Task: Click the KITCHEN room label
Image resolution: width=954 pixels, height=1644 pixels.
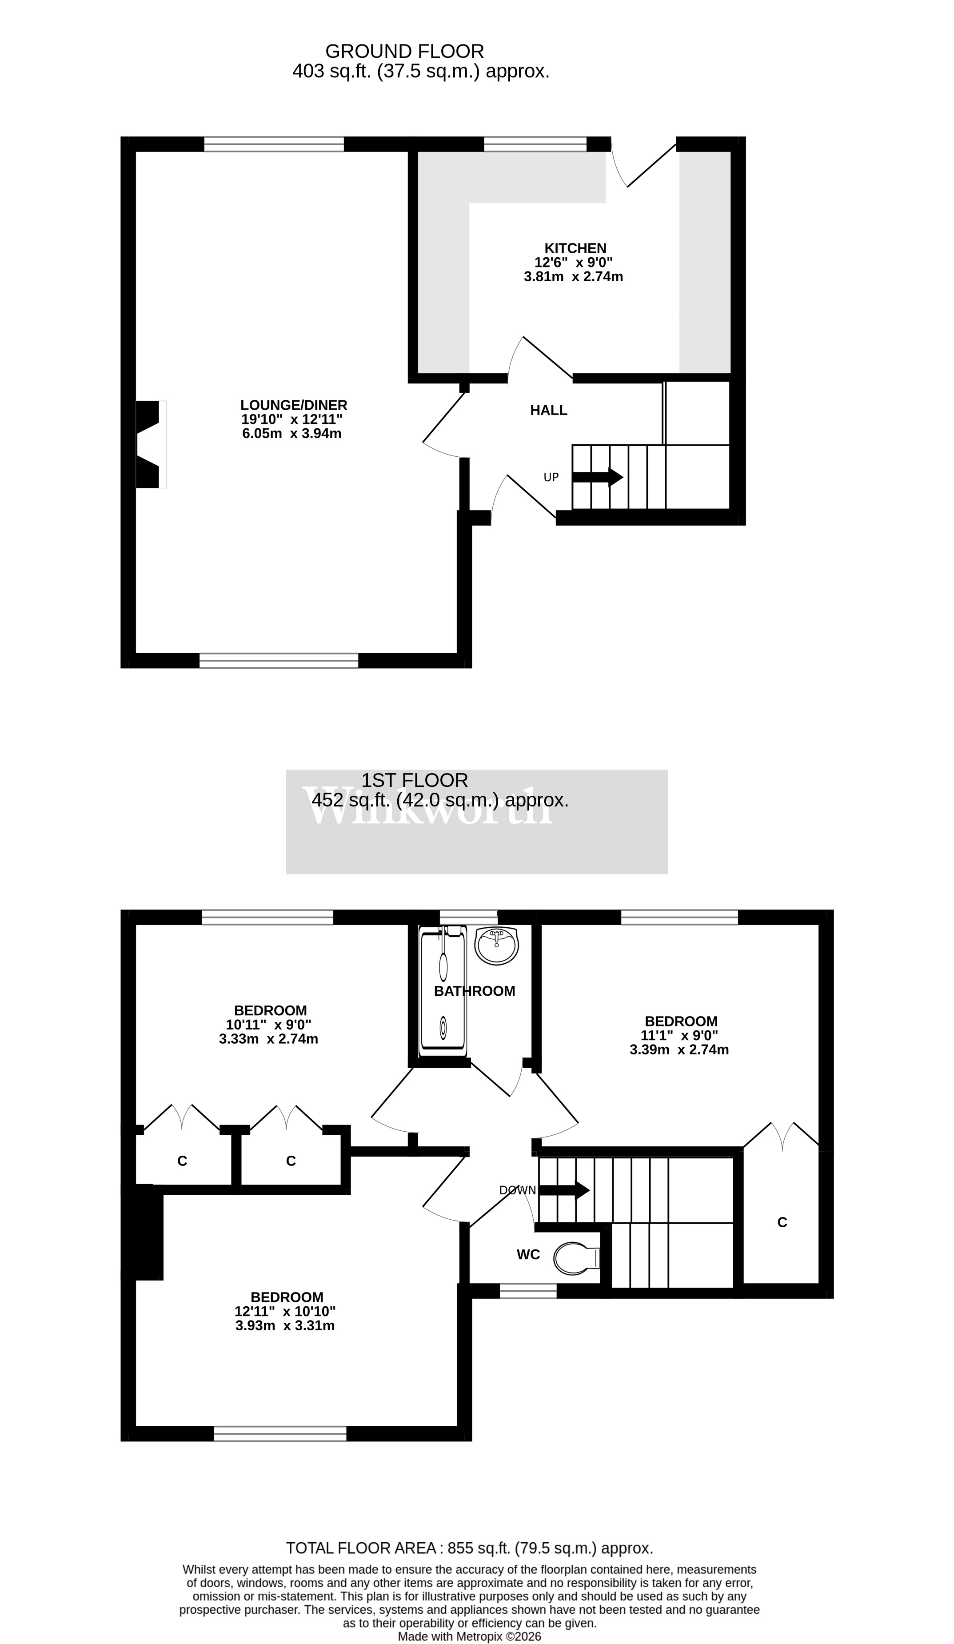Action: (575, 248)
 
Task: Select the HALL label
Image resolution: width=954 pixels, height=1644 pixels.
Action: (548, 411)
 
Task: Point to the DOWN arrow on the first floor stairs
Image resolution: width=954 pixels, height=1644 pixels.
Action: (564, 1190)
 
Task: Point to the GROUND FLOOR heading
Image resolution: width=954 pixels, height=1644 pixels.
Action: (404, 51)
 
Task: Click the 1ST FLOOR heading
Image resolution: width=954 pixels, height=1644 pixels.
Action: (415, 780)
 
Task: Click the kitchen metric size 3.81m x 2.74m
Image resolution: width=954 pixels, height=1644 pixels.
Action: (573, 277)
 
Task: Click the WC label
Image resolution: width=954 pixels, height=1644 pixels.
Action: (528, 1254)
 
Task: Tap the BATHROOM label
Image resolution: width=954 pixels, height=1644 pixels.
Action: (475, 991)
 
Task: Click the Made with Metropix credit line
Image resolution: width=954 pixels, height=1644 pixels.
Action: (469, 1636)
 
